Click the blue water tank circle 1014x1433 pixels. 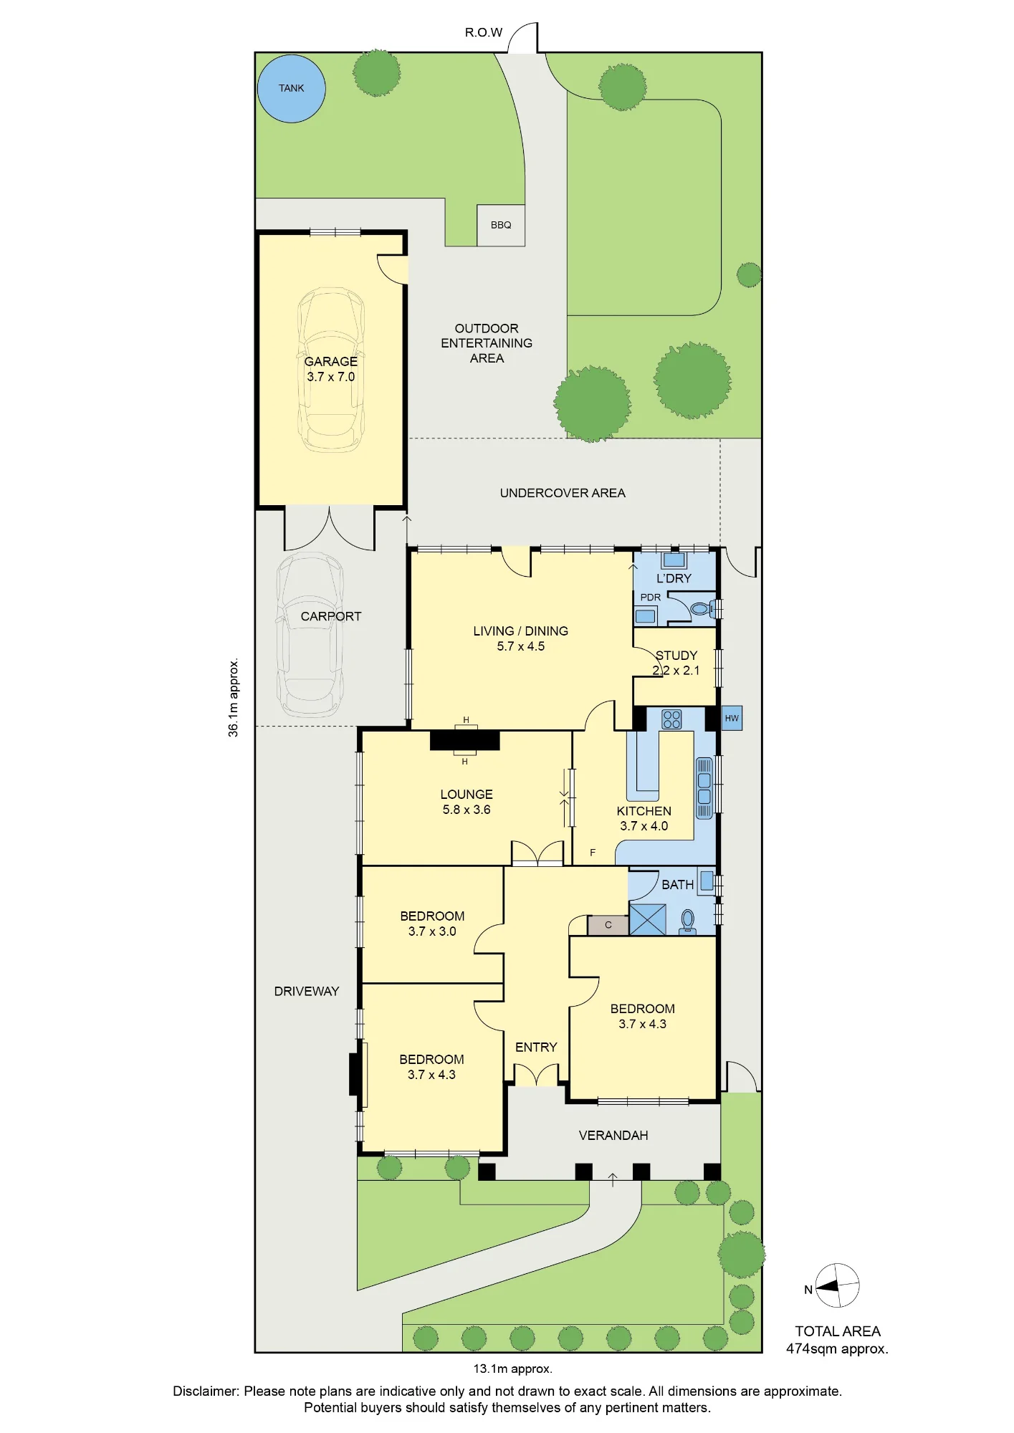point(292,88)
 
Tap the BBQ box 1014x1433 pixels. point(501,225)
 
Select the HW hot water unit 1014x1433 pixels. point(731,718)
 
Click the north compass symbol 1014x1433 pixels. point(837,1285)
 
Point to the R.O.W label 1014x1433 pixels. point(484,32)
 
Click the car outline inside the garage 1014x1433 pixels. point(331,370)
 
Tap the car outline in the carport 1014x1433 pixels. point(311,635)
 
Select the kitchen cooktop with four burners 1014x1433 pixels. point(671,719)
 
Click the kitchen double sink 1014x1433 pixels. point(704,787)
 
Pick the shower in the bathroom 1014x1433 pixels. point(647,919)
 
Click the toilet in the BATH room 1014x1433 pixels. point(688,921)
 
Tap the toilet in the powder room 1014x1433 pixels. point(702,610)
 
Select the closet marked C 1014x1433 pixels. point(608,925)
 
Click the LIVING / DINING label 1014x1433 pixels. point(521,631)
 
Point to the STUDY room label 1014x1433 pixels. point(676,656)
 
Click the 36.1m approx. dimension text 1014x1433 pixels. point(233,697)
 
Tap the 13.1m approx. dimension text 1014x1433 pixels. point(512,1369)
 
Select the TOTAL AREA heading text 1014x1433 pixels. point(838,1331)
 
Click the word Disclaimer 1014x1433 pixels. point(206,1391)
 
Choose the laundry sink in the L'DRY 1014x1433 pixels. point(674,560)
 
